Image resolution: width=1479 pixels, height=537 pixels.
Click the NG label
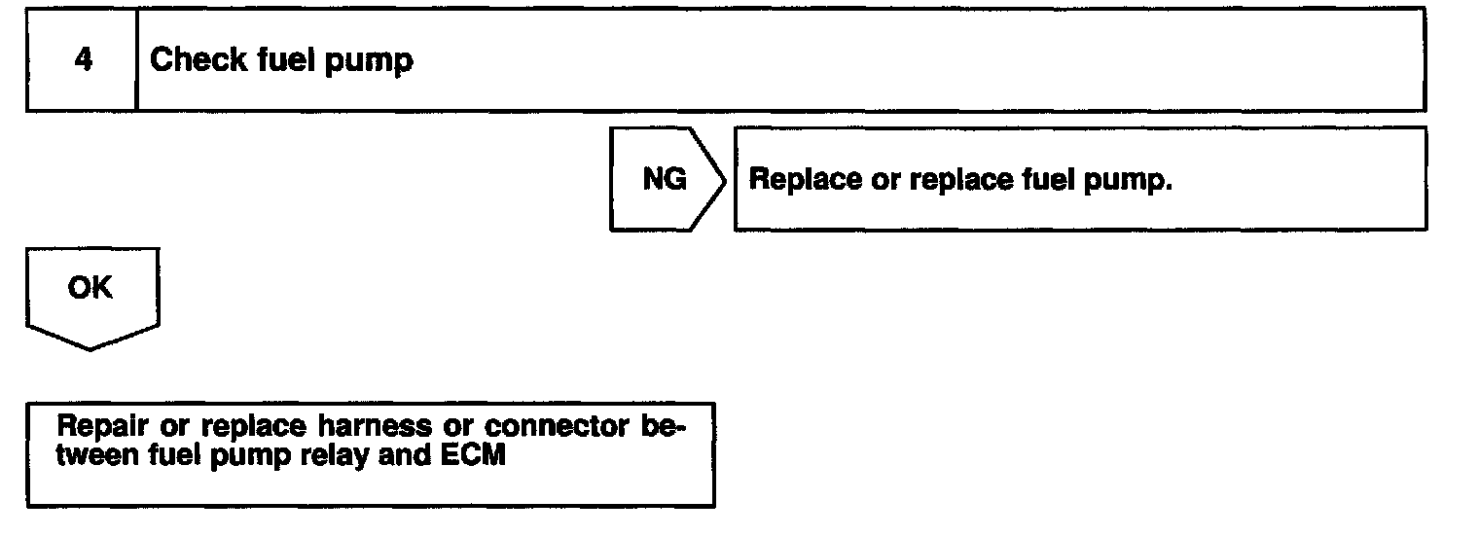coord(665,180)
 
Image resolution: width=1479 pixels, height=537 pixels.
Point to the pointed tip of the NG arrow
coord(725,180)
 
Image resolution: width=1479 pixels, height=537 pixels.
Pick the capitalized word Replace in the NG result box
coord(801,181)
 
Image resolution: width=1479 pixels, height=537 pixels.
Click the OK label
coord(90,288)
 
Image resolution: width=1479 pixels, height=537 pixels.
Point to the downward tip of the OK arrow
coord(90,347)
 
